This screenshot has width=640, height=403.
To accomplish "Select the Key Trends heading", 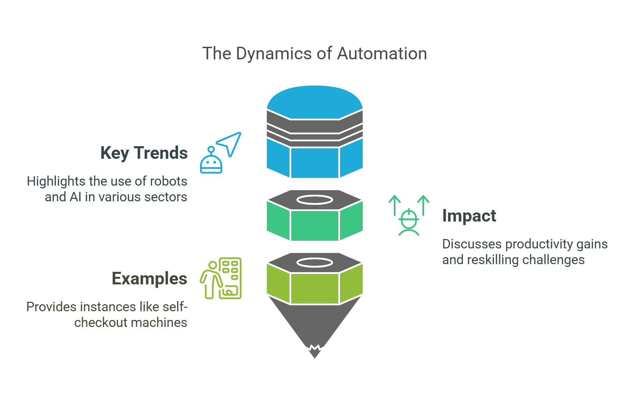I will click(x=144, y=153).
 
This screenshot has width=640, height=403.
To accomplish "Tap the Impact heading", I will click(x=469, y=216).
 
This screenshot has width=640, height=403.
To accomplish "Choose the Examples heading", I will click(x=149, y=278).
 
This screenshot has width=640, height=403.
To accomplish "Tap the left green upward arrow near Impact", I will click(x=394, y=205).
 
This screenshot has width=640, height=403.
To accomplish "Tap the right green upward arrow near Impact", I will click(x=423, y=205).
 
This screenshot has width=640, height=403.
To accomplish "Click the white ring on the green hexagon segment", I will click(x=315, y=200).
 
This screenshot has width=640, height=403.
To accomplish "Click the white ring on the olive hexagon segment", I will click(x=315, y=263).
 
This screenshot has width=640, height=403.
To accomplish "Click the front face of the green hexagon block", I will click(x=315, y=225).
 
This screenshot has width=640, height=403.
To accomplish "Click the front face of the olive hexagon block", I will click(x=315, y=288).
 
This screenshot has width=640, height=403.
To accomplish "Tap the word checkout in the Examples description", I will click(x=96, y=323).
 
